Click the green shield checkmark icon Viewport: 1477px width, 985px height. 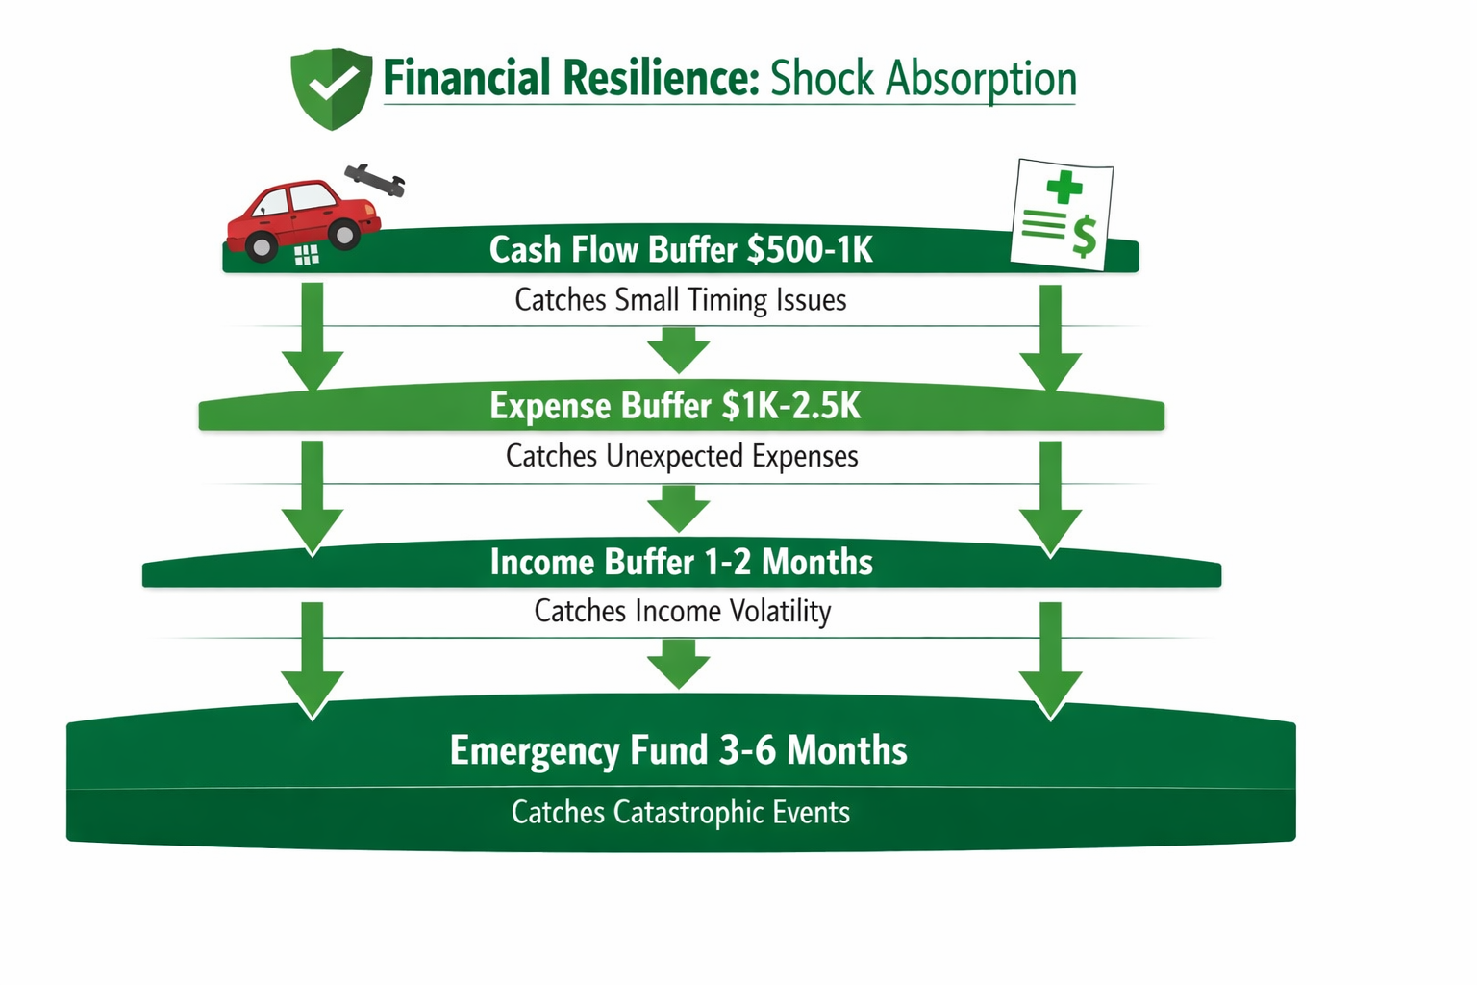331,88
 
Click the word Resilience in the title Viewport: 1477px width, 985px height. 661,79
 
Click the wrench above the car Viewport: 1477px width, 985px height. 375,179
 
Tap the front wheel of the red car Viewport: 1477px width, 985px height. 343,234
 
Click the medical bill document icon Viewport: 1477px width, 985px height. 1062,215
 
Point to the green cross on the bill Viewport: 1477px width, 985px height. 1064,186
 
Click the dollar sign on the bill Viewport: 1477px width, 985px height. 1084,237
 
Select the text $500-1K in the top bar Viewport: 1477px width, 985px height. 810,250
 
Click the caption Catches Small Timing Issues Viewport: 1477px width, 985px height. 680,300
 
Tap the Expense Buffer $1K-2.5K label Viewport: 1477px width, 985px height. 675,406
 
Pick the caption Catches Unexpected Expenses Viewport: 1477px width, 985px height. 682,456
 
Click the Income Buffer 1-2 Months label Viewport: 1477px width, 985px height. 681,563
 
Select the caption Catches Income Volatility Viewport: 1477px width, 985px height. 682,612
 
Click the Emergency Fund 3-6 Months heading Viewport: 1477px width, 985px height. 678,750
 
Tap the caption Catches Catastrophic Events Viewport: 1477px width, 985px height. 680,813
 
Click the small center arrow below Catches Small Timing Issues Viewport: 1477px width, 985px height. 678,350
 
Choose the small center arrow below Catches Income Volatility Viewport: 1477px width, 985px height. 678,664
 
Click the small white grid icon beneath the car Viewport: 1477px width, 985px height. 306,255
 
